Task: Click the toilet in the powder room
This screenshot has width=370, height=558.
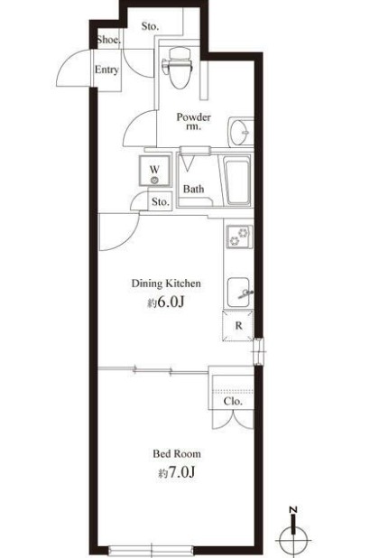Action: pyautogui.click(x=178, y=68)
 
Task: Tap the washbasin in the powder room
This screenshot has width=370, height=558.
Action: pyautogui.click(x=241, y=132)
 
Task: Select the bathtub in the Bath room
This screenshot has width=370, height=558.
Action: pyautogui.click(x=237, y=181)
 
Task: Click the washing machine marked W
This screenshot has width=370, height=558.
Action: pyautogui.click(x=154, y=171)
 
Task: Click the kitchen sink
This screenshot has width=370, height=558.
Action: pyautogui.click(x=239, y=293)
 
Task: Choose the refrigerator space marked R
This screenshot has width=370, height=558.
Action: pyautogui.click(x=238, y=326)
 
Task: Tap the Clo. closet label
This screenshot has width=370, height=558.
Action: pyautogui.click(x=233, y=402)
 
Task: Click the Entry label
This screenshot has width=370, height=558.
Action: pyautogui.click(x=106, y=70)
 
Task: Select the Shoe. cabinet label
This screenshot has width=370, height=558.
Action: pyautogui.click(x=108, y=40)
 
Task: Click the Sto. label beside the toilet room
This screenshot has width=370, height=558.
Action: pyautogui.click(x=150, y=26)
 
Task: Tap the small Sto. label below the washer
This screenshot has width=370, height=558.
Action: pyautogui.click(x=160, y=201)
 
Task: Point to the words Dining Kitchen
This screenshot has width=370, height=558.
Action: pyautogui.click(x=166, y=284)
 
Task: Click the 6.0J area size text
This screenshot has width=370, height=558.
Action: pyautogui.click(x=166, y=302)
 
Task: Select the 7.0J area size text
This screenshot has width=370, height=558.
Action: pyautogui.click(x=177, y=472)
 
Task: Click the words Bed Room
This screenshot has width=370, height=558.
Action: pyautogui.click(x=177, y=454)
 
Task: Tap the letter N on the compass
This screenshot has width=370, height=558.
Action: pyautogui.click(x=293, y=509)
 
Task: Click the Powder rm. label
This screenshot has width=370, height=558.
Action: pyautogui.click(x=193, y=121)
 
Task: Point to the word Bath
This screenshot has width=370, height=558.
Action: pyautogui.click(x=193, y=189)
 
